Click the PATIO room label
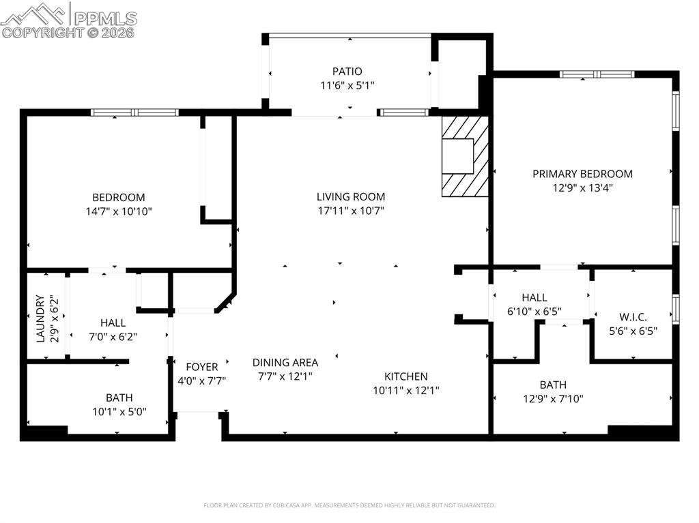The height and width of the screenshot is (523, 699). click(x=347, y=71)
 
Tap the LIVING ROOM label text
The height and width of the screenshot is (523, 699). click(x=351, y=196)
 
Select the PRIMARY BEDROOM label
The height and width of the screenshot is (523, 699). click(x=582, y=174)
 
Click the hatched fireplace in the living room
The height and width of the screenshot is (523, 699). click(x=465, y=157)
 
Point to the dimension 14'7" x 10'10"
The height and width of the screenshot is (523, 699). click(x=119, y=211)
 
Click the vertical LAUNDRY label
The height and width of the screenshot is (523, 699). click(x=40, y=319)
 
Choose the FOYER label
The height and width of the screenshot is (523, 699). click(x=201, y=367)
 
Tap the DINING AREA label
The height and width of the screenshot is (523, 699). click(x=285, y=363)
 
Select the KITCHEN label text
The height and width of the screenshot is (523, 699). click(x=405, y=376)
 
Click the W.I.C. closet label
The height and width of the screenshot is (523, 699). click(x=633, y=316)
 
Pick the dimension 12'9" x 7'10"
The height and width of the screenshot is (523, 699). click(x=552, y=399)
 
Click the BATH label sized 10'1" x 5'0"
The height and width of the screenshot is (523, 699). click(x=119, y=398)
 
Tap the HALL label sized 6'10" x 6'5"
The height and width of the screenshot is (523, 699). click(x=534, y=297)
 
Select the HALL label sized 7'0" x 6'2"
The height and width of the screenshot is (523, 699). click(x=113, y=323)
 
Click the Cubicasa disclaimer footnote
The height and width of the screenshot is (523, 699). click(x=349, y=505)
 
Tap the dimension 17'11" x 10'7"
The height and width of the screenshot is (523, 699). click(x=351, y=211)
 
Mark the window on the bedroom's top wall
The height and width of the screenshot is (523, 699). click(x=135, y=113)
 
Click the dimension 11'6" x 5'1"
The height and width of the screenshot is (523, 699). click(x=347, y=85)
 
